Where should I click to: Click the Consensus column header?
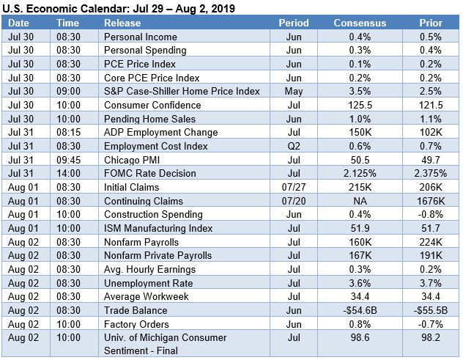pyautogui.click(x=360, y=23)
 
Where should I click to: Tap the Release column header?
pyautogui.click(x=122, y=23)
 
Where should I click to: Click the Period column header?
pyautogui.click(x=294, y=23)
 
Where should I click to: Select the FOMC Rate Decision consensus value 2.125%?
pyautogui.click(x=360, y=174)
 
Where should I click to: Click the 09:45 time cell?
pyautogui.click(x=68, y=160)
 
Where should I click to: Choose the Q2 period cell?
pyautogui.click(x=294, y=146)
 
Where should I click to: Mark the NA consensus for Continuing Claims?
pyautogui.click(x=360, y=201)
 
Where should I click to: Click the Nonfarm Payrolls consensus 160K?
pyautogui.click(x=360, y=242)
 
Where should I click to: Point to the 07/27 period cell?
pyautogui.click(x=294, y=187)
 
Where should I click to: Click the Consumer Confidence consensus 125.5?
pyautogui.click(x=360, y=105)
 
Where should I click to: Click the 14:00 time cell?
pyautogui.click(x=68, y=174)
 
